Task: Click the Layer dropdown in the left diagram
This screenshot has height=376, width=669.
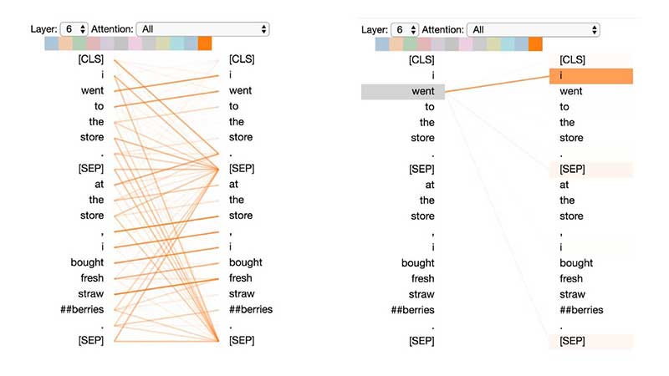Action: [x=74, y=29]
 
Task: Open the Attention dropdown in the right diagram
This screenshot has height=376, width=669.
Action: [x=534, y=29]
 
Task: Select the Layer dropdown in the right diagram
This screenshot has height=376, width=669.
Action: [x=405, y=29]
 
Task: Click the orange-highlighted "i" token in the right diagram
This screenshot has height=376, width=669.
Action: [x=590, y=76]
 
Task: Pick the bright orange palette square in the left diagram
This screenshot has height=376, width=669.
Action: [x=205, y=43]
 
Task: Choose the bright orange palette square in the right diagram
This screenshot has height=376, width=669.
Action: [x=536, y=43]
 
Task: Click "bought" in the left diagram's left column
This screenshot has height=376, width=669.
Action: [x=88, y=262]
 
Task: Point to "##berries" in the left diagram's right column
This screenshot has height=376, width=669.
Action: [x=251, y=309]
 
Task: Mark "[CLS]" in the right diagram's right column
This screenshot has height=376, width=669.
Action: [x=573, y=59]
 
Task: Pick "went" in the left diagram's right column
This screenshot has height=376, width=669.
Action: [x=242, y=90]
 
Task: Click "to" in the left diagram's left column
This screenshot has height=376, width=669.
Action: [x=99, y=106]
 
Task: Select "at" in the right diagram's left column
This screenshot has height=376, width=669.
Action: [x=429, y=185]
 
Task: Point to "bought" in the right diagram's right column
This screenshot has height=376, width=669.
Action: [x=577, y=262]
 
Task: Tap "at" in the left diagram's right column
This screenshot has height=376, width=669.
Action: [x=234, y=185]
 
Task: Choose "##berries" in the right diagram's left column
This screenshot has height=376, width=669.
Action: [x=412, y=310]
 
